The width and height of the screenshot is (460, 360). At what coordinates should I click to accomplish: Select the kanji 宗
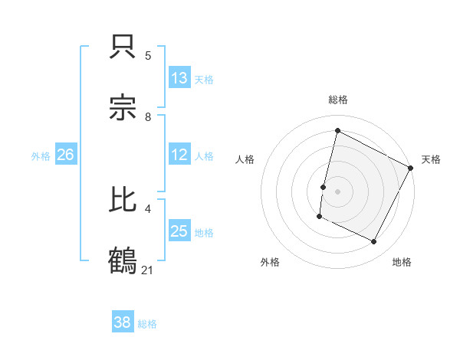(123, 110)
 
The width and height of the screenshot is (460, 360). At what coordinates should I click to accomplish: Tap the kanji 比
(123, 201)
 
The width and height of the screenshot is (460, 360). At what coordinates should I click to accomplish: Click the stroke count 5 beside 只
(148, 56)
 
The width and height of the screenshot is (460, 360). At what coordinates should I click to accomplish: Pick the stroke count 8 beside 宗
(148, 117)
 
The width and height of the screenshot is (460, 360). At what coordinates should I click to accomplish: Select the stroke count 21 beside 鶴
(149, 269)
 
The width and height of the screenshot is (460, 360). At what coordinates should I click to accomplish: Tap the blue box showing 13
(179, 77)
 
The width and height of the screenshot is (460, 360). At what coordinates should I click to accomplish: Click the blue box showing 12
(179, 155)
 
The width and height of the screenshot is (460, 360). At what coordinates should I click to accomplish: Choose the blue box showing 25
(179, 231)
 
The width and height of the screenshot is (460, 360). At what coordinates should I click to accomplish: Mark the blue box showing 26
(65, 155)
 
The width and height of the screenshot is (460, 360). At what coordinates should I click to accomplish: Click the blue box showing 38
(123, 322)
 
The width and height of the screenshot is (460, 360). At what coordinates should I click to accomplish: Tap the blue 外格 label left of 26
(41, 156)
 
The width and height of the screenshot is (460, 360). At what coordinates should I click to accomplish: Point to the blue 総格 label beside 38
(147, 324)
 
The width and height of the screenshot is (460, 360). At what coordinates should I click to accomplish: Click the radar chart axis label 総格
(337, 100)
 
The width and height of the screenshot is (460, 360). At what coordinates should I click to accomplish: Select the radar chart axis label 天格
(431, 159)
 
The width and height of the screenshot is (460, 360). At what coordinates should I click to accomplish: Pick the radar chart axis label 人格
(245, 159)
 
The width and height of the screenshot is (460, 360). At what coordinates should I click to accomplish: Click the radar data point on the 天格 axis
(411, 168)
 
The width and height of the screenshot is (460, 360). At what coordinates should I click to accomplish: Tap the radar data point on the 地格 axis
(374, 242)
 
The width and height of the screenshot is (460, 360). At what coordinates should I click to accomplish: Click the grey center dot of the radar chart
(337, 191)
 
